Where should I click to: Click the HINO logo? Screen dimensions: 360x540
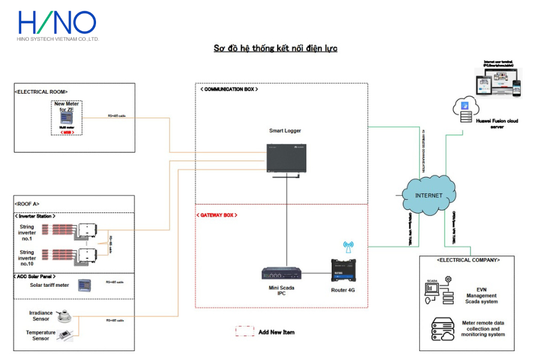tap(57, 24)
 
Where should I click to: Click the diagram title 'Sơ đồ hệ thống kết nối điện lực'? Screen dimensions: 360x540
tap(275, 48)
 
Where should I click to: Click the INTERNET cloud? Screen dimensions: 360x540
tap(428, 196)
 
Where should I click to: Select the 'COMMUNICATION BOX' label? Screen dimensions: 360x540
tap(229, 89)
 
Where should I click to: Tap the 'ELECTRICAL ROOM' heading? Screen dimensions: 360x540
tap(41, 91)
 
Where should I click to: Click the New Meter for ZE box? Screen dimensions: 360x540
tap(66, 118)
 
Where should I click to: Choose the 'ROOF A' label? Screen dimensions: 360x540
tap(28, 204)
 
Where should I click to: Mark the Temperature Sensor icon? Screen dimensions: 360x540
tap(65, 337)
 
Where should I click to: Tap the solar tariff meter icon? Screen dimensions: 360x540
tap(85, 285)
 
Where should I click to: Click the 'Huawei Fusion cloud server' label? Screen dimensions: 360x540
tap(496, 124)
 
